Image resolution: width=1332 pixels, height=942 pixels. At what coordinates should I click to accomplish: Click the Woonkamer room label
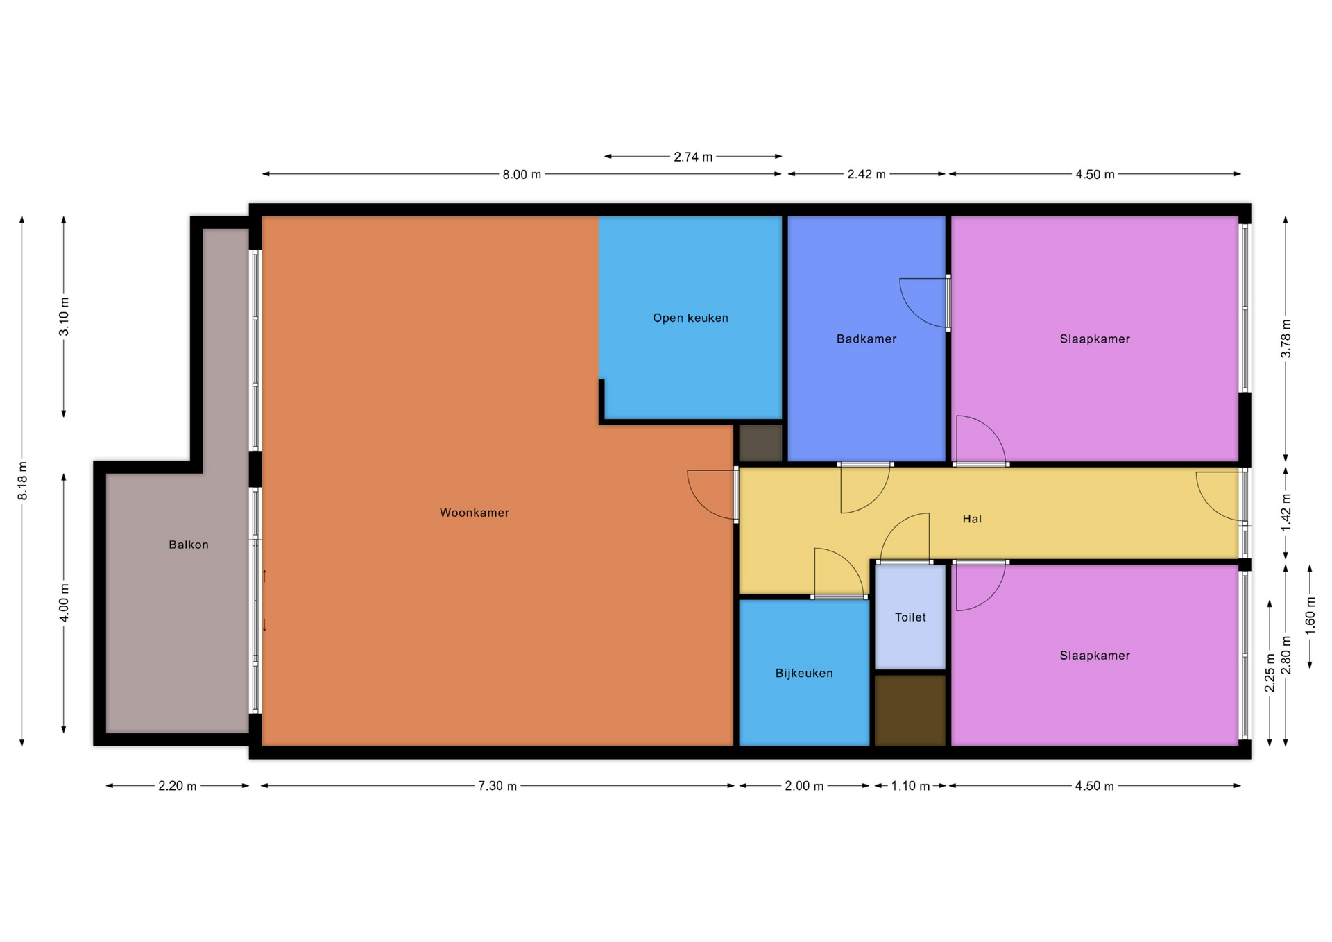tap(475, 513)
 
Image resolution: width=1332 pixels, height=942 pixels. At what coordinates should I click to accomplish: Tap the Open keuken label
tap(690, 318)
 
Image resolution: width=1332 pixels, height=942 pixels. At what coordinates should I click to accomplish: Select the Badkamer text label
tap(866, 339)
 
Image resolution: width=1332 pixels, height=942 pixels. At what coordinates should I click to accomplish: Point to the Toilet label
tap(910, 617)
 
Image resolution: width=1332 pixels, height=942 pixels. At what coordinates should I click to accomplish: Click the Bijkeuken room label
tap(804, 674)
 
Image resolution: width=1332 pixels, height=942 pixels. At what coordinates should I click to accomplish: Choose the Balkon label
tap(189, 545)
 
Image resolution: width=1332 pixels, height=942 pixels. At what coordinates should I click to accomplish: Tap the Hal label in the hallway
tap(972, 519)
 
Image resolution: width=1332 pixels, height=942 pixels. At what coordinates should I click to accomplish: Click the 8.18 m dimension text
tap(23, 481)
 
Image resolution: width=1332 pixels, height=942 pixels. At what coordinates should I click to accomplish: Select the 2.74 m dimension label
tap(693, 157)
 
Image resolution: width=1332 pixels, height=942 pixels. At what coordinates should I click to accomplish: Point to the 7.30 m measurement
tap(497, 786)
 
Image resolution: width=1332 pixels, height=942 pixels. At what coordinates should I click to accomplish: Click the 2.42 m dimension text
tap(866, 174)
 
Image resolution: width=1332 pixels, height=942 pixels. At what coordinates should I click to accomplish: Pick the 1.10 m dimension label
tap(910, 786)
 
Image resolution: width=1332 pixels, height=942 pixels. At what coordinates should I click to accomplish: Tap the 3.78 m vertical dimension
tap(1286, 339)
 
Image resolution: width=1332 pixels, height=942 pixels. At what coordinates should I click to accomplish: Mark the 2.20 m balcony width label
tap(178, 786)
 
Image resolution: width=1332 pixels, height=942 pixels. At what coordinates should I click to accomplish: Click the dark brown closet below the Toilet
tap(910, 710)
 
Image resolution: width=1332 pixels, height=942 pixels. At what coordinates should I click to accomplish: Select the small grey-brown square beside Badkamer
tap(760, 443)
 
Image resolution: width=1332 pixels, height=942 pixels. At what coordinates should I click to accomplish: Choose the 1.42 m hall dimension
tap(1286, 512)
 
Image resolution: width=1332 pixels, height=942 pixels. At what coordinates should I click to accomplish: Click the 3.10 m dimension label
tap(64, 316)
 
